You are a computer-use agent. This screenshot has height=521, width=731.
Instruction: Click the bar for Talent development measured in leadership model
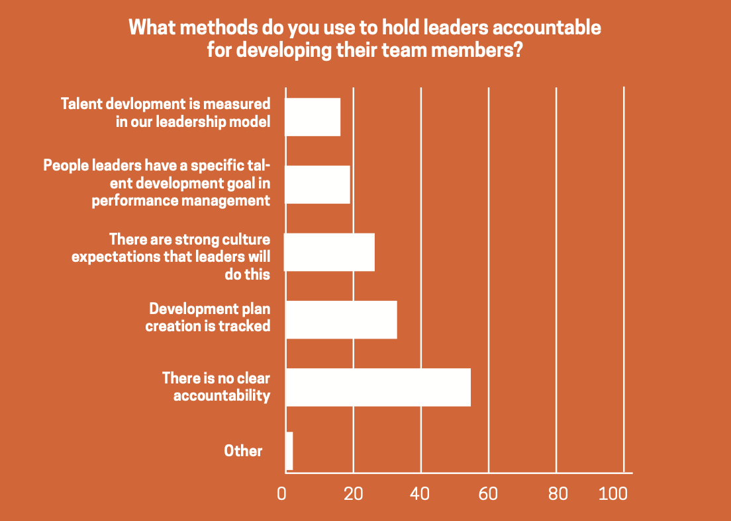pos(313,117)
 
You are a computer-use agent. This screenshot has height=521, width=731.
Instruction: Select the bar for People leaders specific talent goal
pos(317,184)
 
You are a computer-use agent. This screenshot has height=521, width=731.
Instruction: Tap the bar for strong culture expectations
pos(329,252)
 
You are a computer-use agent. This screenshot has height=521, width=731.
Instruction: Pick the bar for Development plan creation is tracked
pos(341,319)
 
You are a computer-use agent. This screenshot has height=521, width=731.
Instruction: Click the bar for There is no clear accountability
pos(378,387)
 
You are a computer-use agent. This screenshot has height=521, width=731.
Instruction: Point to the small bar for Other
pos(289,451)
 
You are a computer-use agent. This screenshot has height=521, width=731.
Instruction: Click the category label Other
pos(243,451)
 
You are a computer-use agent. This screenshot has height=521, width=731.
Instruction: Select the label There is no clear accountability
pos(217,387)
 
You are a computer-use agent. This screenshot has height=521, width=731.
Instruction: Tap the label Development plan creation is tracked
pos(209,317)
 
